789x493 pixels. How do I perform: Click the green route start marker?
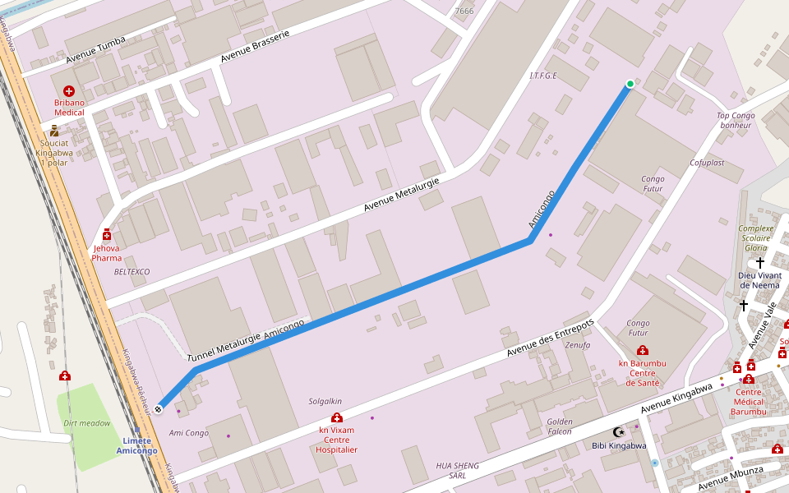630,84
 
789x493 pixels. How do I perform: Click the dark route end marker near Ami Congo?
158,408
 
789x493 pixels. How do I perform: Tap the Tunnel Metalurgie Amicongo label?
246,340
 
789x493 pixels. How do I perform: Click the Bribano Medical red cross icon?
68,90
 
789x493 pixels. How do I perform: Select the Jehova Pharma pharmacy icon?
106,234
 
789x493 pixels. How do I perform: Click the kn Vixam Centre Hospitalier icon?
337,418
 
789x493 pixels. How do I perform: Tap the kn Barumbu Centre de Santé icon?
643,351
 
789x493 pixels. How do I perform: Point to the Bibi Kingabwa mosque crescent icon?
619,432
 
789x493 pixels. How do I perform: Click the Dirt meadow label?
86,424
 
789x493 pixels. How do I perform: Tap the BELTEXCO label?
131,271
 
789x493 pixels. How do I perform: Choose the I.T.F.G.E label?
543,76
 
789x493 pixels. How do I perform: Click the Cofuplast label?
707,163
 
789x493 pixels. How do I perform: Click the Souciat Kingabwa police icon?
54,131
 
